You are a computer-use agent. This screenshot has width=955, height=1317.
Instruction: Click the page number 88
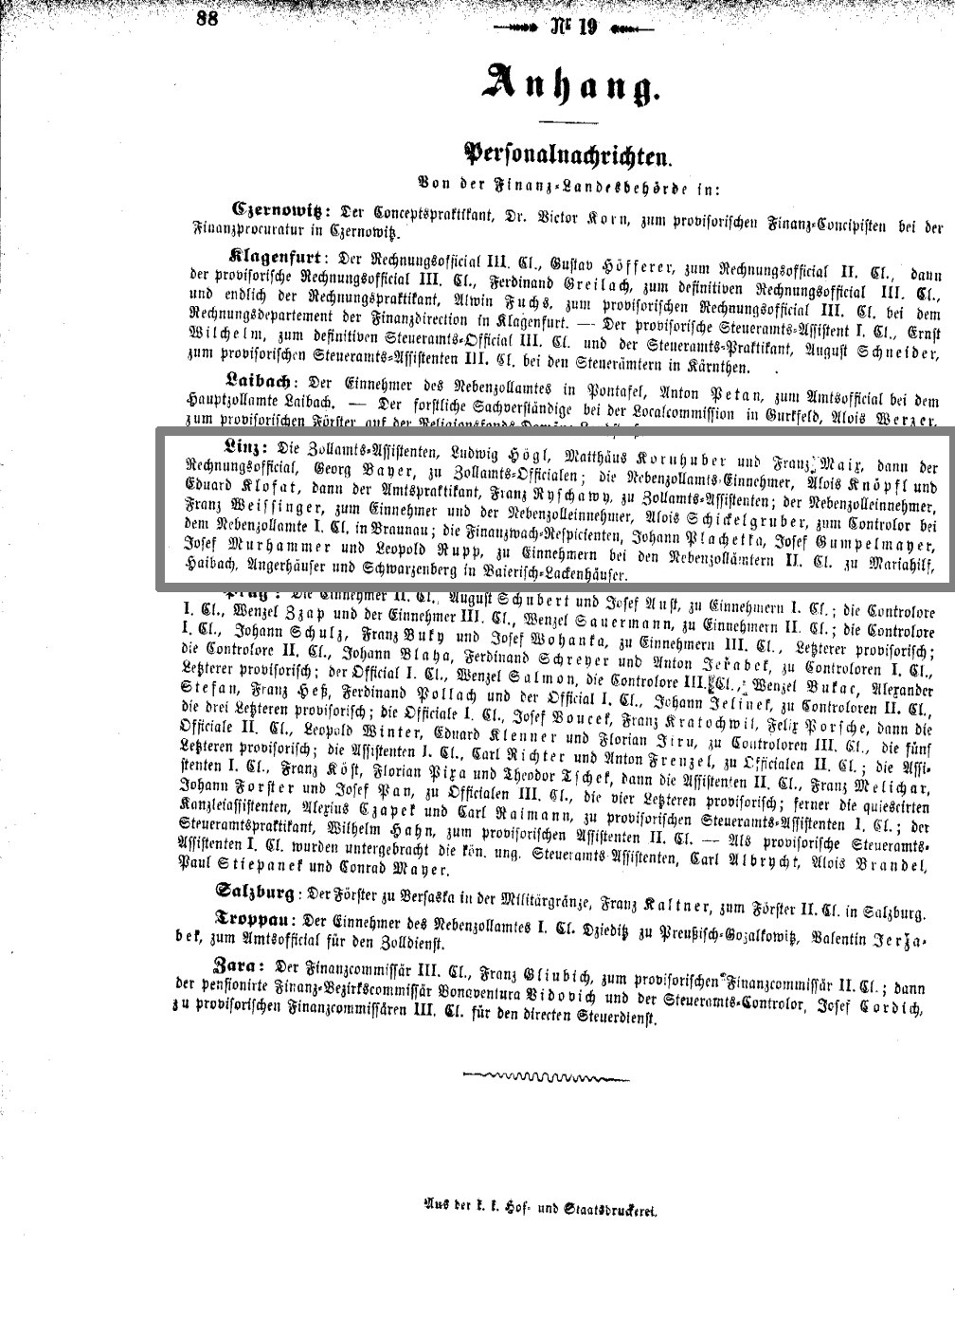point(207,18)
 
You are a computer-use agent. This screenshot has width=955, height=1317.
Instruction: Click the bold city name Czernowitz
point(281,209)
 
